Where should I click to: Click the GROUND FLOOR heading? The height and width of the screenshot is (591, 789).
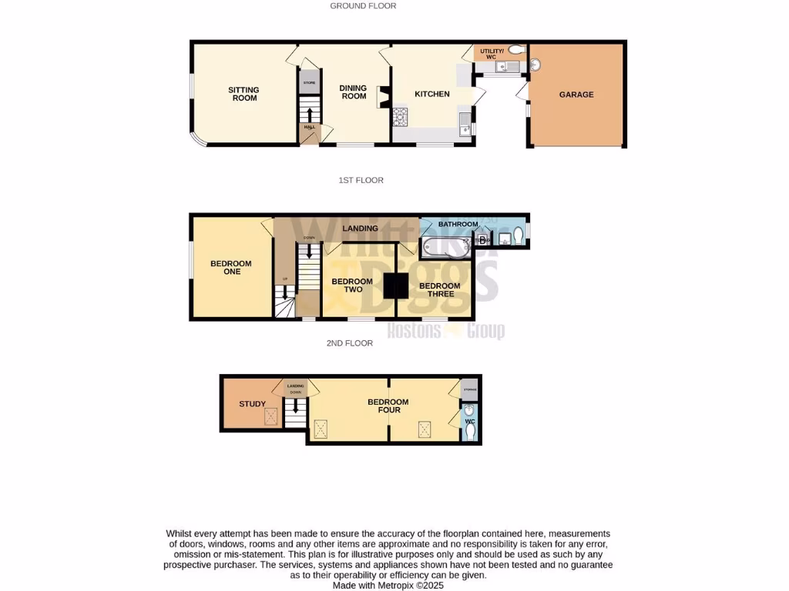pos(363,6)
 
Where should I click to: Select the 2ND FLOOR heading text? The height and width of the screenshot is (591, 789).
pos(350,343)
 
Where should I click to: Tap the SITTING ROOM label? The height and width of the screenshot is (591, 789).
pos(243,94)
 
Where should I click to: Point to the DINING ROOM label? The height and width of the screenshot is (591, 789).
pos(354,92)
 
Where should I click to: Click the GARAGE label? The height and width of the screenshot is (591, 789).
pos(576,95)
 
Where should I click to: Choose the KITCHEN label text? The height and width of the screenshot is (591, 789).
pos(432,94)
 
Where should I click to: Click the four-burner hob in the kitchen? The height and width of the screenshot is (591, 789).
pos(400,117)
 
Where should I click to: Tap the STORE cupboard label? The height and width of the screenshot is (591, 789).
pos(309,82)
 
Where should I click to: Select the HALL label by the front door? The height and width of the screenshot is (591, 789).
pos(310,127)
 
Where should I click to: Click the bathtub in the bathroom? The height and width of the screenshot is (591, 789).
pos(445,247)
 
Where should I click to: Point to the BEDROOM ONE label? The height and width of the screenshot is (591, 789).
pos(231,268)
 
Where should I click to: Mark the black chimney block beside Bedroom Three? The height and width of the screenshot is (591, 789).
pos(396,285)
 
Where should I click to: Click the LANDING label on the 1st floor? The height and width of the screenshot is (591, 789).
pos(360,229)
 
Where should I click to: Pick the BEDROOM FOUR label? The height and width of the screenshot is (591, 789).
pos(388,406)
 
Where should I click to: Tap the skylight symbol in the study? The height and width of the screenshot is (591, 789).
pos(271,416)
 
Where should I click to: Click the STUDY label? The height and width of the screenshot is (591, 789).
pos(252,404)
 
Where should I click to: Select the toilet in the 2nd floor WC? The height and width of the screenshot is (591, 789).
pos(471,432)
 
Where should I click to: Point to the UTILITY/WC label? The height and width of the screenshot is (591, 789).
pos(492,54)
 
